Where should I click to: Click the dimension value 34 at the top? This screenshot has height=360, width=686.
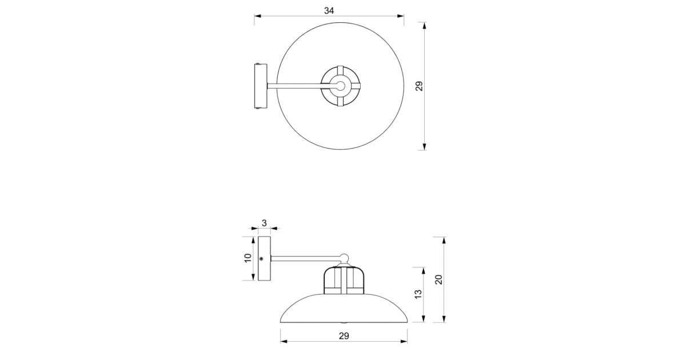click(x=329, y=11)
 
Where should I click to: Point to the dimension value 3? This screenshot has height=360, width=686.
click(x=264, y=223)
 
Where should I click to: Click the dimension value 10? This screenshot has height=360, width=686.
click(x=248, y=258)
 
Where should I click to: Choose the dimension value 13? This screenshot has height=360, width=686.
click(x=418, y=294)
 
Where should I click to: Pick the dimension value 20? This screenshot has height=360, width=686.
click(x=438, y=279)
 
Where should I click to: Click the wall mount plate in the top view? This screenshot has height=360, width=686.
click(x=261, y=86)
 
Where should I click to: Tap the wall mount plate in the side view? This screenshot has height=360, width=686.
click(x=264, y=258)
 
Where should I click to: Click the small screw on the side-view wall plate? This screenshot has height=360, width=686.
click(x=261, y=259)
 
